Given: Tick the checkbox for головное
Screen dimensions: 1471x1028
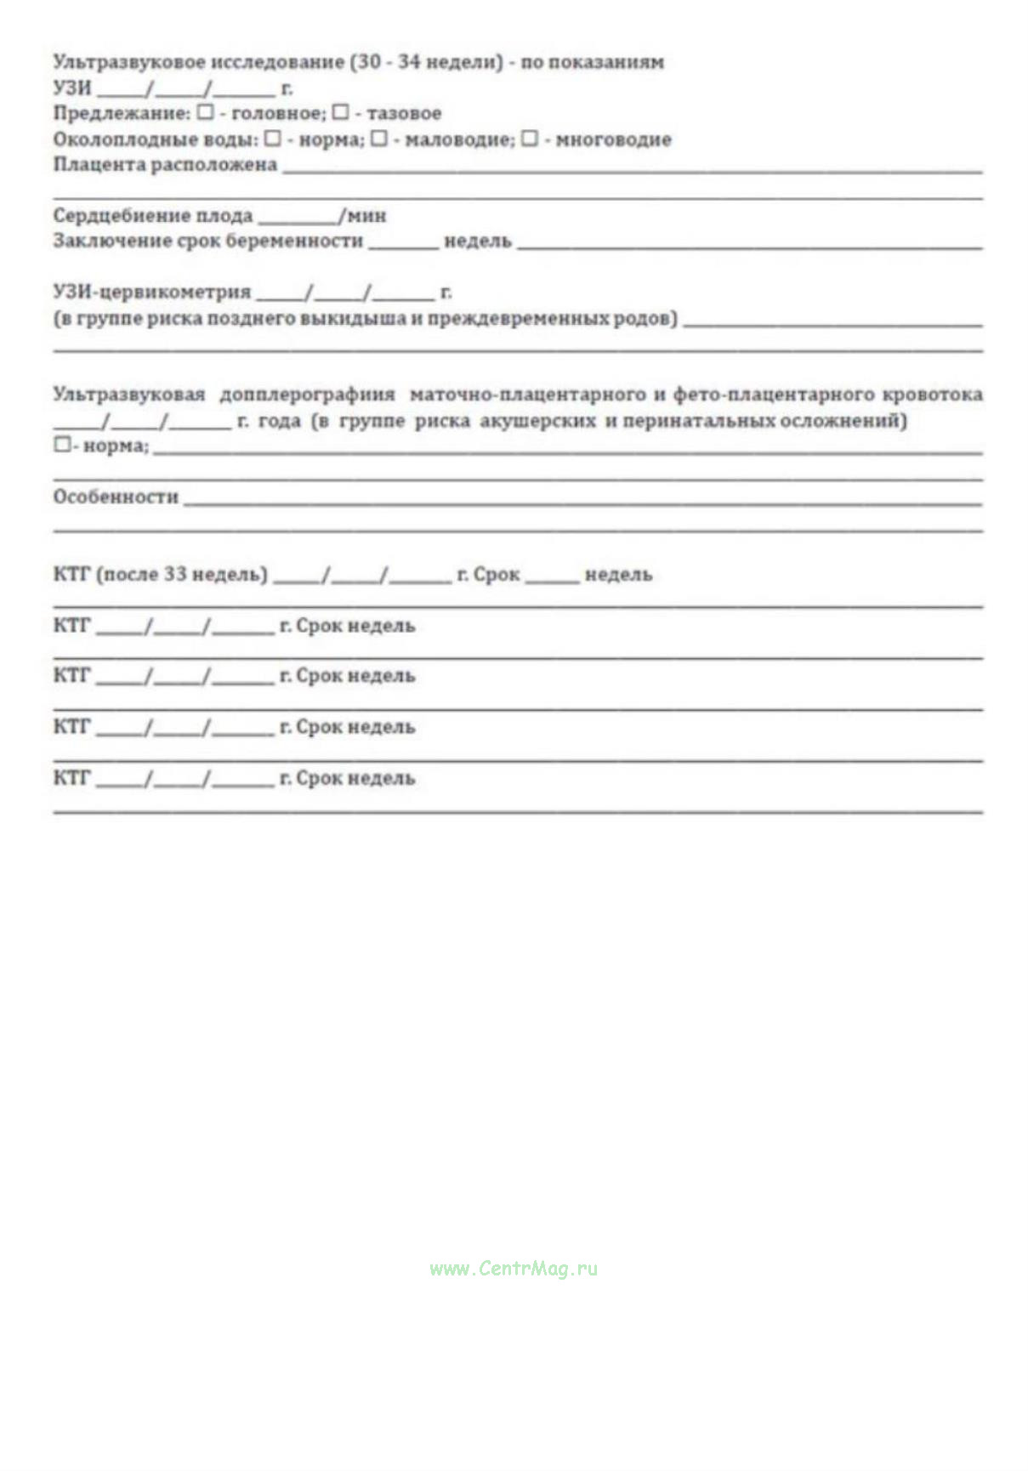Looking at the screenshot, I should point(205,112).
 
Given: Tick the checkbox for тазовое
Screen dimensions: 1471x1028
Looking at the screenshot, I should point(340,112).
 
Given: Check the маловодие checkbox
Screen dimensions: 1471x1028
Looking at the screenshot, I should point(379,138).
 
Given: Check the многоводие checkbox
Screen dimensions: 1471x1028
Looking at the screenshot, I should point(530,138).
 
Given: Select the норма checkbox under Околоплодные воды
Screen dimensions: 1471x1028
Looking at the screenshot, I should point(272,138).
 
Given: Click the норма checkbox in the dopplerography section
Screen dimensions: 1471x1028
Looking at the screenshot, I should point(61,445).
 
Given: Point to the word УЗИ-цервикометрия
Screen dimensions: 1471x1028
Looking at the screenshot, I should point(152,292).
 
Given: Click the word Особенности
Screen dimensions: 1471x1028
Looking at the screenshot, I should point(116,497).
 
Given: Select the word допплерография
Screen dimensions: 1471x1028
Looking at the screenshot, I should point(307,395).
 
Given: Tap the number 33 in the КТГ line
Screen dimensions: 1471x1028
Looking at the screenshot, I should point(175,574).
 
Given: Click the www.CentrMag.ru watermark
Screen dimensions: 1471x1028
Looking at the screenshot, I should point(514,1269).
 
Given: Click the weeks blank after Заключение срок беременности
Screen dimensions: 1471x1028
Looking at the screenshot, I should point(403,242).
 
